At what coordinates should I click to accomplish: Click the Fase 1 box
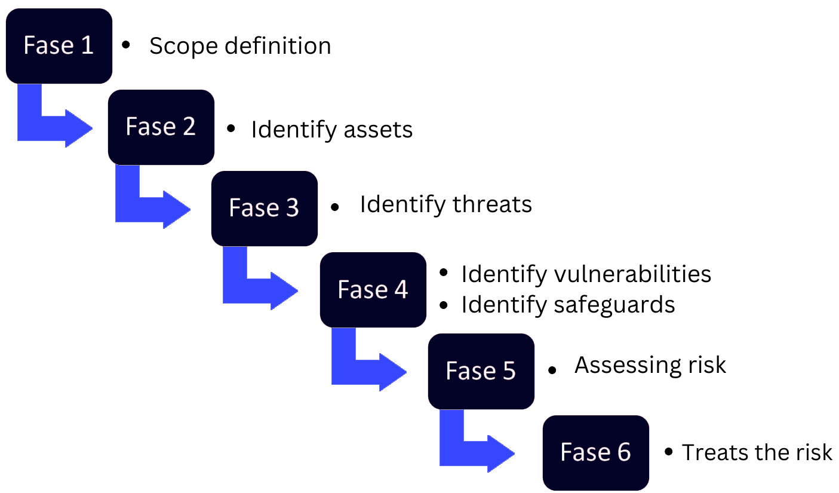pos(59,46)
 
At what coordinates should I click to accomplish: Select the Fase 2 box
pos(161,127)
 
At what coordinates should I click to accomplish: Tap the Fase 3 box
pos(265,209)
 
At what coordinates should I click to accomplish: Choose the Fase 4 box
pos(373,290)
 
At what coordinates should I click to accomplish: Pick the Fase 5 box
pos(481,371)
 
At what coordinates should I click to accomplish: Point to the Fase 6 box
pos(596,453)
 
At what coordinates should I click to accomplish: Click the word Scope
pos(183,47)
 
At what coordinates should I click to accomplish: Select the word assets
pos(379,130)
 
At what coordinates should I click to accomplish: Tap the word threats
pos(493,205)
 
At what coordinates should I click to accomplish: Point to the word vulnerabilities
pos(632,274)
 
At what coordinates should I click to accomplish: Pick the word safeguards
pos(614,305)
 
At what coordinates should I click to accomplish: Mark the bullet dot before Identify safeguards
pos(444,305)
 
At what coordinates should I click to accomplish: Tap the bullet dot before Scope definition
pos(126,45)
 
